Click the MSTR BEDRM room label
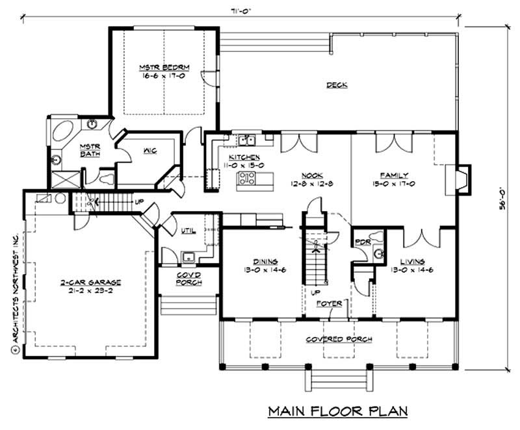(x=154, y=67)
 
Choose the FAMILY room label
(x=394, y=175)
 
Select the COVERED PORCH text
(x=334, y=340)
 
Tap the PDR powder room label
(x=362, y=242)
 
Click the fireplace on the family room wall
(x=463, y=179)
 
